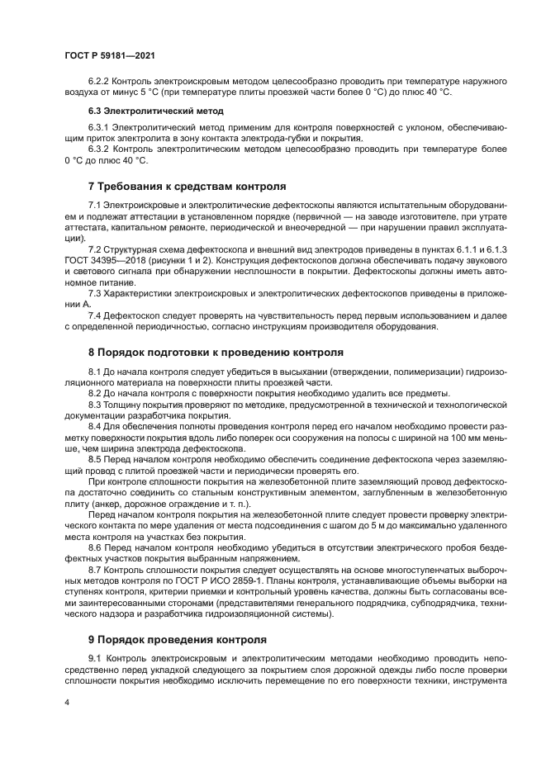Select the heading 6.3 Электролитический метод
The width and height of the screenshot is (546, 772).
[x=145, y=110]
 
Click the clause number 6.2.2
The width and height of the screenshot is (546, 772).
[x=98, y=81]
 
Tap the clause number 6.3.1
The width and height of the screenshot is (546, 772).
[x=98, y=128]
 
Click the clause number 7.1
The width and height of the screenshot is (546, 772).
[x=95, y=205]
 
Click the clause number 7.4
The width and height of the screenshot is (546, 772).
[x=95, y=315]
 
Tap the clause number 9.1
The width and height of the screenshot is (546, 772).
[x=95, y=657]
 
